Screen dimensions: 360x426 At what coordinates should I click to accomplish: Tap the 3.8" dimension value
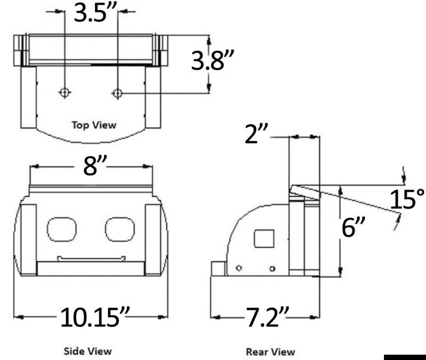[212, 61]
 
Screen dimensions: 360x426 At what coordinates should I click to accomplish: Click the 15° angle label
[407, 200]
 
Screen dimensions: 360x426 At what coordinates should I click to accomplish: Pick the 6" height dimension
[353, 230]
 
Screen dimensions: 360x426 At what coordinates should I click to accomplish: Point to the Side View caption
[88, 351]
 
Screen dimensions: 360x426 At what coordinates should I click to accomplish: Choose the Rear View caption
[270, 351]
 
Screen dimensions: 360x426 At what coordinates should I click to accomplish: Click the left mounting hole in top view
[64, 93]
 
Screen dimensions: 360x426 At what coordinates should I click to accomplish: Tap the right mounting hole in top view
[118, 93]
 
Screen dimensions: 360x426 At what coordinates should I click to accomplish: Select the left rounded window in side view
[62, 229]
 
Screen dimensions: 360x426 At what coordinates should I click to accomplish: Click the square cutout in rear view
[265, 239]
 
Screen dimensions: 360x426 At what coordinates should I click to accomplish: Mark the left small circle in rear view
[239, 268]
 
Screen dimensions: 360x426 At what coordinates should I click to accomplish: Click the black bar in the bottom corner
[404, 357]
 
